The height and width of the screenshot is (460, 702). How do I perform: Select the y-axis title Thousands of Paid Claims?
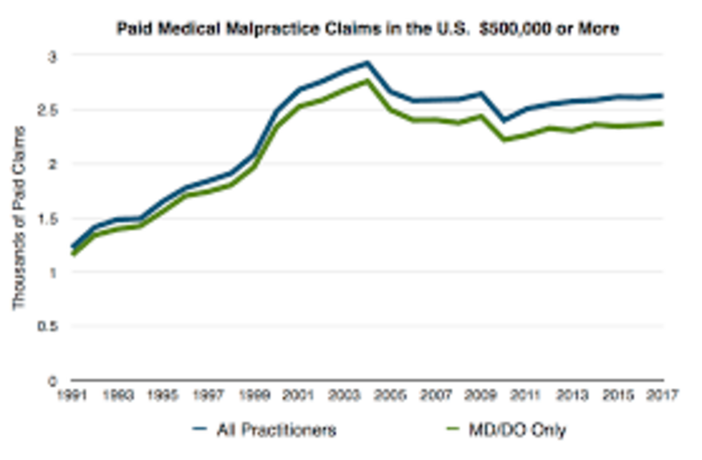tap(19, 217)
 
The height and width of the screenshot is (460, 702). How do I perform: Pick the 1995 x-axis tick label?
tap(163, 395)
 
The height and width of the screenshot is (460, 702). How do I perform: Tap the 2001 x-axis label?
tap(299, 395)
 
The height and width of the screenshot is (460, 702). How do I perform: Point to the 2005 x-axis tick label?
tap(391, 395)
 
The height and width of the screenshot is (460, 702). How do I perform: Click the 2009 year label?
tap(481, 395)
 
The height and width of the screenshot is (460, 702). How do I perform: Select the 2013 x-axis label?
tap(572, 395)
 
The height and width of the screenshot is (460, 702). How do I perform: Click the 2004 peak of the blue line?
tap(367, 63)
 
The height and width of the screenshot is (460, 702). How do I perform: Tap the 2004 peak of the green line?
tap(367, 80)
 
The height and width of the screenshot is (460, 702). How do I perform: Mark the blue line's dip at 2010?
tap(503, 121)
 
